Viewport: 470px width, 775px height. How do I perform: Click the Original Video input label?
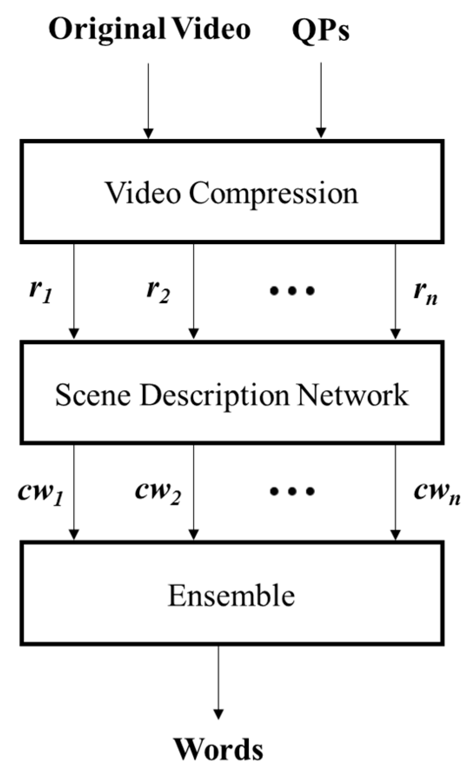[x=149, y=30]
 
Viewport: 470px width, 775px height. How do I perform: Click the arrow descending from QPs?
[x=321, y=100]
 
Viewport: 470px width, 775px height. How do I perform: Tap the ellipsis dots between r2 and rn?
[x=292, y=291]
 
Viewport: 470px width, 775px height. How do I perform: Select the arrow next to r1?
[x=74, y=291]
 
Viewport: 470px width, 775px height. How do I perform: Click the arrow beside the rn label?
[x=395, y=291]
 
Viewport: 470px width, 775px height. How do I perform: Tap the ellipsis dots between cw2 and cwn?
[x=292, y=491]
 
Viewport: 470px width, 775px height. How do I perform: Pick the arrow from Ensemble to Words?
[x=218, y=682]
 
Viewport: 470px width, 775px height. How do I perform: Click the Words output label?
[x=218, y=749]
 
